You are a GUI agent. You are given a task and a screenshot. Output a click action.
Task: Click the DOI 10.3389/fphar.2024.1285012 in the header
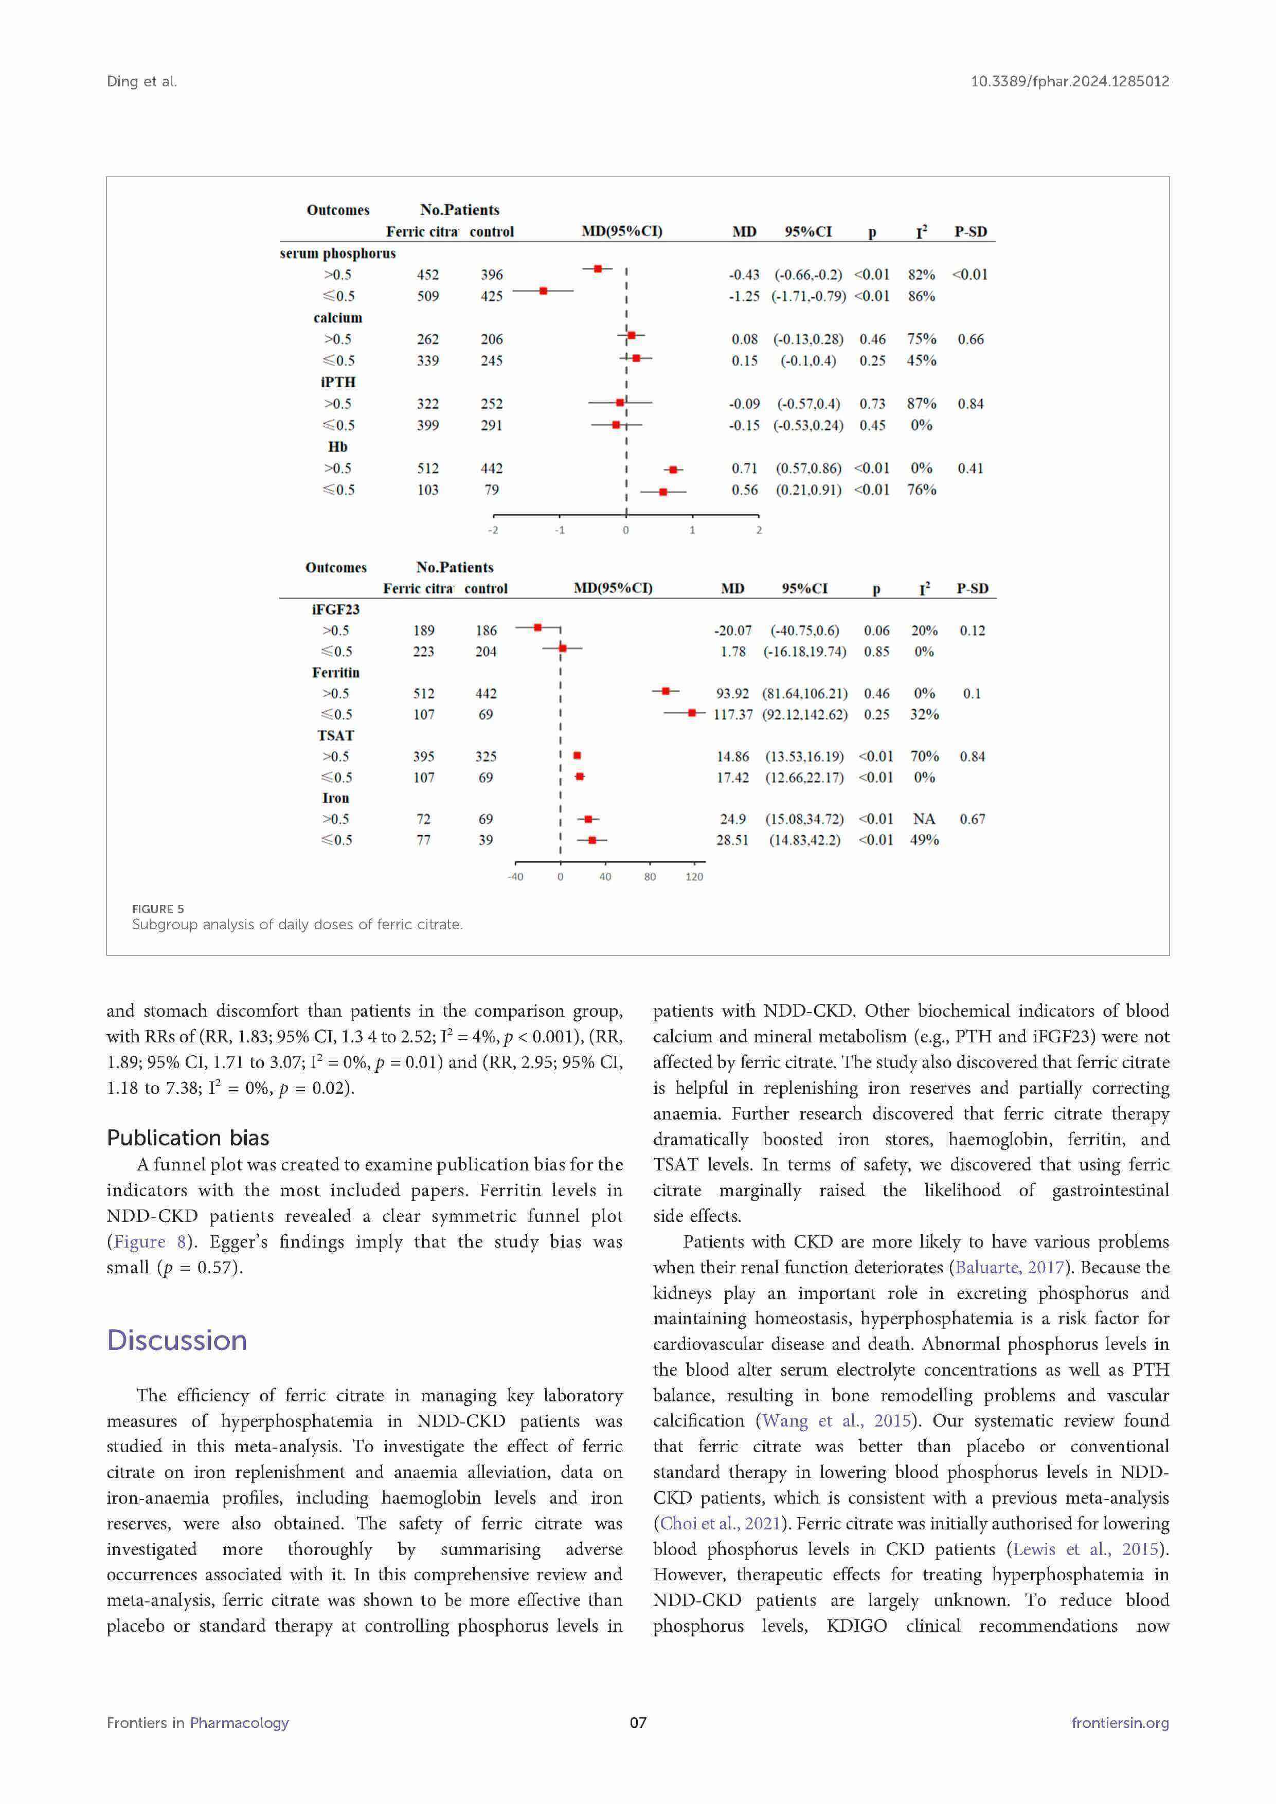click(1069, 81)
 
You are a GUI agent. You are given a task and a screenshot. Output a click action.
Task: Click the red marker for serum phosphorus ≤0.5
click(543, 291)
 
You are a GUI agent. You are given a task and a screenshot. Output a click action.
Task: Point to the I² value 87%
click(921, 404)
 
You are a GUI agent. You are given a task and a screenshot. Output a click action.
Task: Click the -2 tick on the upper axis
click(493, 530)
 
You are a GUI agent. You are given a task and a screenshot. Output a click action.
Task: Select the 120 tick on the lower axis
click(694, 877)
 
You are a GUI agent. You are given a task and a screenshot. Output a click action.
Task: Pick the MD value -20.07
click(732, 631)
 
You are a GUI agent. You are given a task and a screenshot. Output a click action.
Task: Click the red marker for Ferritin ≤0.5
click(691, 713)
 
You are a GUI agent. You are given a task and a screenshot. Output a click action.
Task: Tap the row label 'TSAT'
click(335, 735)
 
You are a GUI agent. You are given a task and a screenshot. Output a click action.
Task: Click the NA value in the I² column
click(923, 819)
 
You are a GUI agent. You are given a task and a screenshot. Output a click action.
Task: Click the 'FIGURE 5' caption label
click(158, 909)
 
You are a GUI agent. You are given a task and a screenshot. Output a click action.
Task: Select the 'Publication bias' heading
click(188, 1138)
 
